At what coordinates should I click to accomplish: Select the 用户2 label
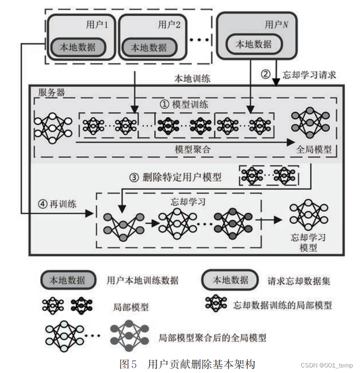(169, 24)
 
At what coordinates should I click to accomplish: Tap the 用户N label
(276, 24)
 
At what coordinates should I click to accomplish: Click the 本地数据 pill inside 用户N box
(254, 44)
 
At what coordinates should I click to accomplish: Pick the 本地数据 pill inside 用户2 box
(149, 47)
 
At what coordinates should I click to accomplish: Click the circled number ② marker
(265, 74)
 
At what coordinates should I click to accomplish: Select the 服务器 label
(52, 92)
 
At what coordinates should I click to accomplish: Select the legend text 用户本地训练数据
(143, 281)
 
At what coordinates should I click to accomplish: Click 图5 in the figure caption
(128, 364)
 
